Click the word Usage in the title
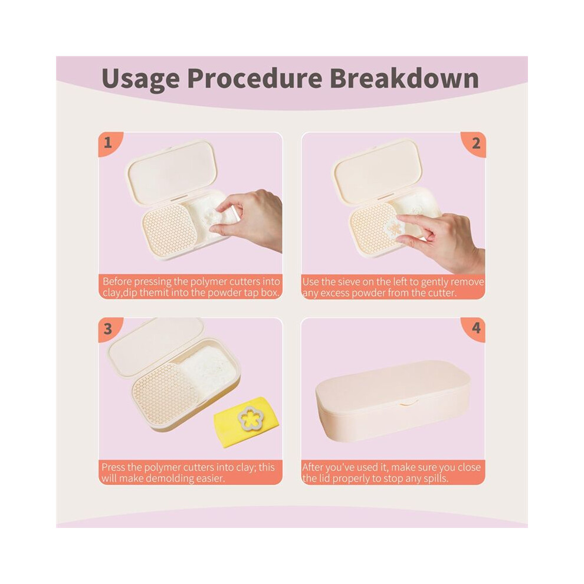pyautogui.click(x=141, y=79)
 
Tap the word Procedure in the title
pyautogui.click(x=255, y=78)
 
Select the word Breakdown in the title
pyautogui.click(x=405, y=78)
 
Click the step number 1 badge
pyautogui.click(x=109, y=143)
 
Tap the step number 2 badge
pyautogui.click(x=474, y=143)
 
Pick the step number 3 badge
pyautogui.click(x=109, y=329)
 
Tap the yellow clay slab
pyautogui.click(x=246, y=423)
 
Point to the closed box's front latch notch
pyautogui.click(x=408, y=402)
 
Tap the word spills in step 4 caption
pyautogui.click(x=435, y=478)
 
